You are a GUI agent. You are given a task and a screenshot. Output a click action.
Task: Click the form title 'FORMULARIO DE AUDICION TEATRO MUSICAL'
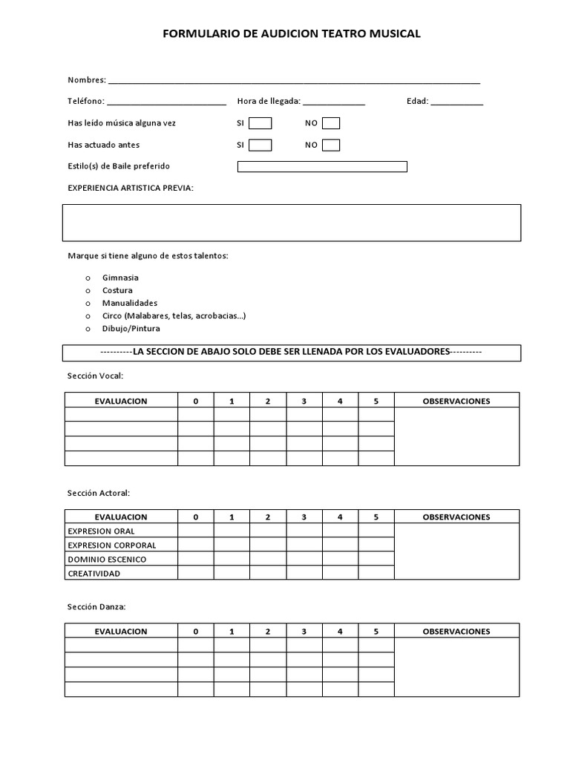[x=291, y=33]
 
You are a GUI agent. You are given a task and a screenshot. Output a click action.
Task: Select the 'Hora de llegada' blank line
[x=333, y=102]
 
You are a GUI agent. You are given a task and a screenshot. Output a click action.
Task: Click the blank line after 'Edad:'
[x=456, y=102]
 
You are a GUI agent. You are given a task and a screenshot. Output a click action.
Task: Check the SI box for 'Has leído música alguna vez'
[x=260, y=123]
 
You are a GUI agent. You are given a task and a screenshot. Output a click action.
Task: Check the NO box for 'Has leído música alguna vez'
[x=331, y=123]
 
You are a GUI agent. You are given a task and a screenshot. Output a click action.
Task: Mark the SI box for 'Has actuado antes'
[x=260, y=145]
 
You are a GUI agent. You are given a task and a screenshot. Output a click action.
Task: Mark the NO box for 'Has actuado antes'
[x=331, y=145]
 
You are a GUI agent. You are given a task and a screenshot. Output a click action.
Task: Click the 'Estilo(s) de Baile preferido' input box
[x=322, y=166]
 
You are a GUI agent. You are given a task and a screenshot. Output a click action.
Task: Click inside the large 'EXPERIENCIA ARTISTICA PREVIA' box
[x=292, y=223]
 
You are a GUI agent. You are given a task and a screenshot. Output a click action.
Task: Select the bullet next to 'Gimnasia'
[x=88, y=278]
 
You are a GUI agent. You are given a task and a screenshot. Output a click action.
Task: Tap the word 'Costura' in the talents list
[x=117, y=290]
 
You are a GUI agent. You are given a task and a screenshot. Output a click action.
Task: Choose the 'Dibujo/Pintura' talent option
[x=131, y=328]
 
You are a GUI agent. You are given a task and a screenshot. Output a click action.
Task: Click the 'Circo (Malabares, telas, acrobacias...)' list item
[x=174, y=315]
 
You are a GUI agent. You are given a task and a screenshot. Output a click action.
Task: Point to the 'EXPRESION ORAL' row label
[x=101, y=531]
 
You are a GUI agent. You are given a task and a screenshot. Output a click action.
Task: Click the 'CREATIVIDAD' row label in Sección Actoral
[x=94, y=574]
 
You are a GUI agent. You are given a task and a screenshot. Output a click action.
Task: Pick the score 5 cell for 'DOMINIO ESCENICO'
[x=376, y=560]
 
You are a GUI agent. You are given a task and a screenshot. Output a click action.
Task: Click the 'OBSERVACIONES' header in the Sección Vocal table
[x=456, y=401]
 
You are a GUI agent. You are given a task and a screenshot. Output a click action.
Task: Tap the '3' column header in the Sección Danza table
[x=304, y=632]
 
